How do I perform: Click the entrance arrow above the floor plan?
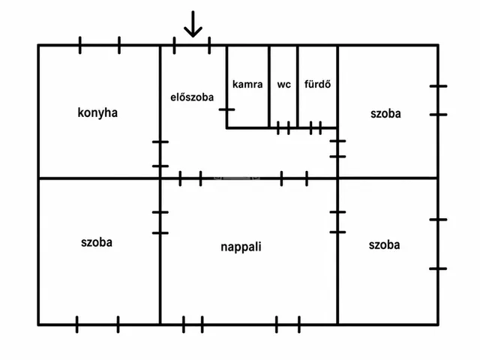coord(193,24)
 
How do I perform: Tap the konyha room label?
coord(97,112)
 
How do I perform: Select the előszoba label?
coord(192,97)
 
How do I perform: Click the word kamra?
coord(247,84)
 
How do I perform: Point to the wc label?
coord(283,85)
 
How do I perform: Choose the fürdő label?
coord(317,84)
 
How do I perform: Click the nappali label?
coord(241,247)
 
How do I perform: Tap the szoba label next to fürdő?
coord(385,113)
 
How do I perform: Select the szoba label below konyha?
coord(97,242)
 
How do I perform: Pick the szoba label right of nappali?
coord(384,245)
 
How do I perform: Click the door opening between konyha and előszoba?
coord(160,154)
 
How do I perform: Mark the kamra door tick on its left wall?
coord(226,109)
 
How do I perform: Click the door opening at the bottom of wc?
coord(283,128)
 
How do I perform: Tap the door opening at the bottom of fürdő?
coord(316,128)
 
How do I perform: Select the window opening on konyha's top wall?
coord(100,45)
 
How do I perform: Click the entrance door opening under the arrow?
coord(192,45)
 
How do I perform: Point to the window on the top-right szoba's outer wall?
coord(438,100)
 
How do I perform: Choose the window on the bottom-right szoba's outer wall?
coord(438,244)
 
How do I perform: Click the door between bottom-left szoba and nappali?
coord(160,223)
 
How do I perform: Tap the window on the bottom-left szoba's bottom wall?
coord(97,325)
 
